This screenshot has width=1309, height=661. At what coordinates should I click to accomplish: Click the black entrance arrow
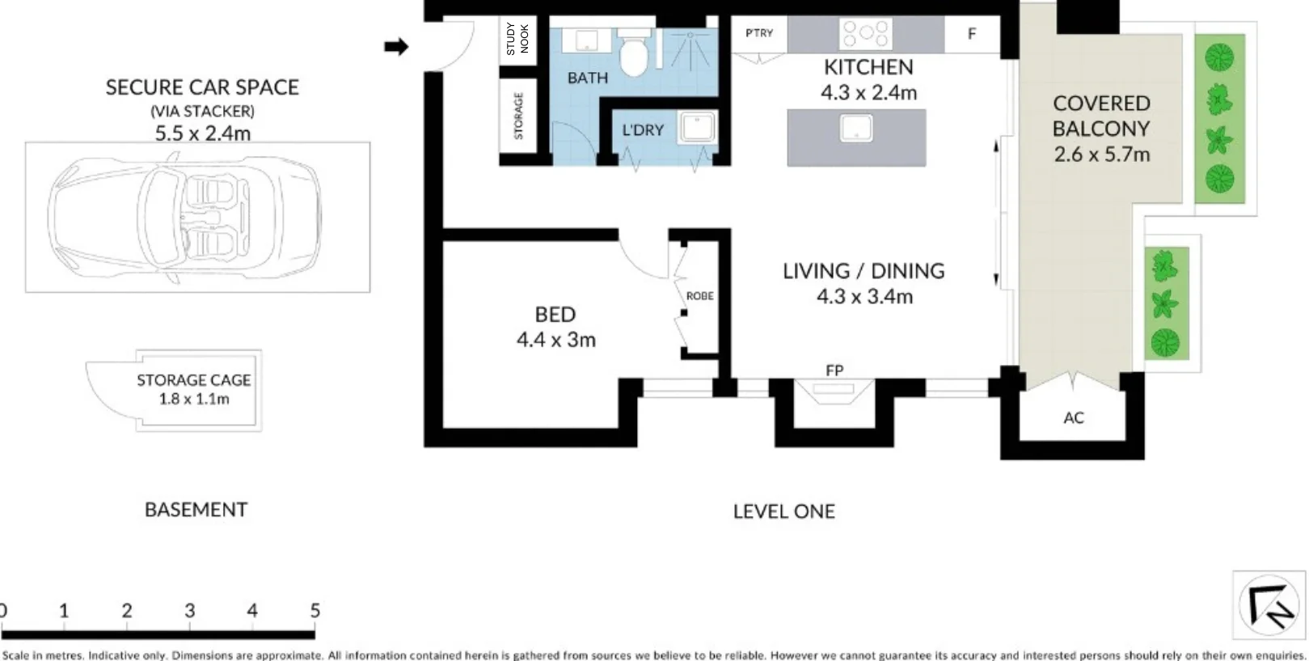[x=396, y=47]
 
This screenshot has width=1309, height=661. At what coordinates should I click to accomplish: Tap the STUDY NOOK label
[x=517, y=39]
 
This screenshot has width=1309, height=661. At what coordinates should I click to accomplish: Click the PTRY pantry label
[x=759, y=33]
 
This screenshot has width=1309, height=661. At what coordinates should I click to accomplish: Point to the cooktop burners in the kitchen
[x=865, y=34]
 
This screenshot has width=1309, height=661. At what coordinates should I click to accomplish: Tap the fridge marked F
[x=972, y=34]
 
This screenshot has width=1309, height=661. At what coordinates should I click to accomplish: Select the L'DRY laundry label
[x=643, y=130]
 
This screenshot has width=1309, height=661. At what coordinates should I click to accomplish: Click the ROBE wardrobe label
[x=699, y=296]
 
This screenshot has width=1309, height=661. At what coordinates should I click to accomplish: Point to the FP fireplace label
[x=834, y=371]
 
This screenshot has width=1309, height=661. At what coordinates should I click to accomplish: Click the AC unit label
[x=1073, y=418]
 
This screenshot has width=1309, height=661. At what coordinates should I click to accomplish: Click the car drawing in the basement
[x=184, y=217]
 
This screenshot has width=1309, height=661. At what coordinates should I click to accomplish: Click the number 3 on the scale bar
[x=190, y=612]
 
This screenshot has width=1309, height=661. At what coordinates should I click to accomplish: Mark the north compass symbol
[x=1268, y=606]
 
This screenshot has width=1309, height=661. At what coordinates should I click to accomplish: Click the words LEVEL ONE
[x=783, y=511]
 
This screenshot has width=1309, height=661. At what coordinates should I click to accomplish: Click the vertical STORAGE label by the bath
[x=518, y=117]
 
